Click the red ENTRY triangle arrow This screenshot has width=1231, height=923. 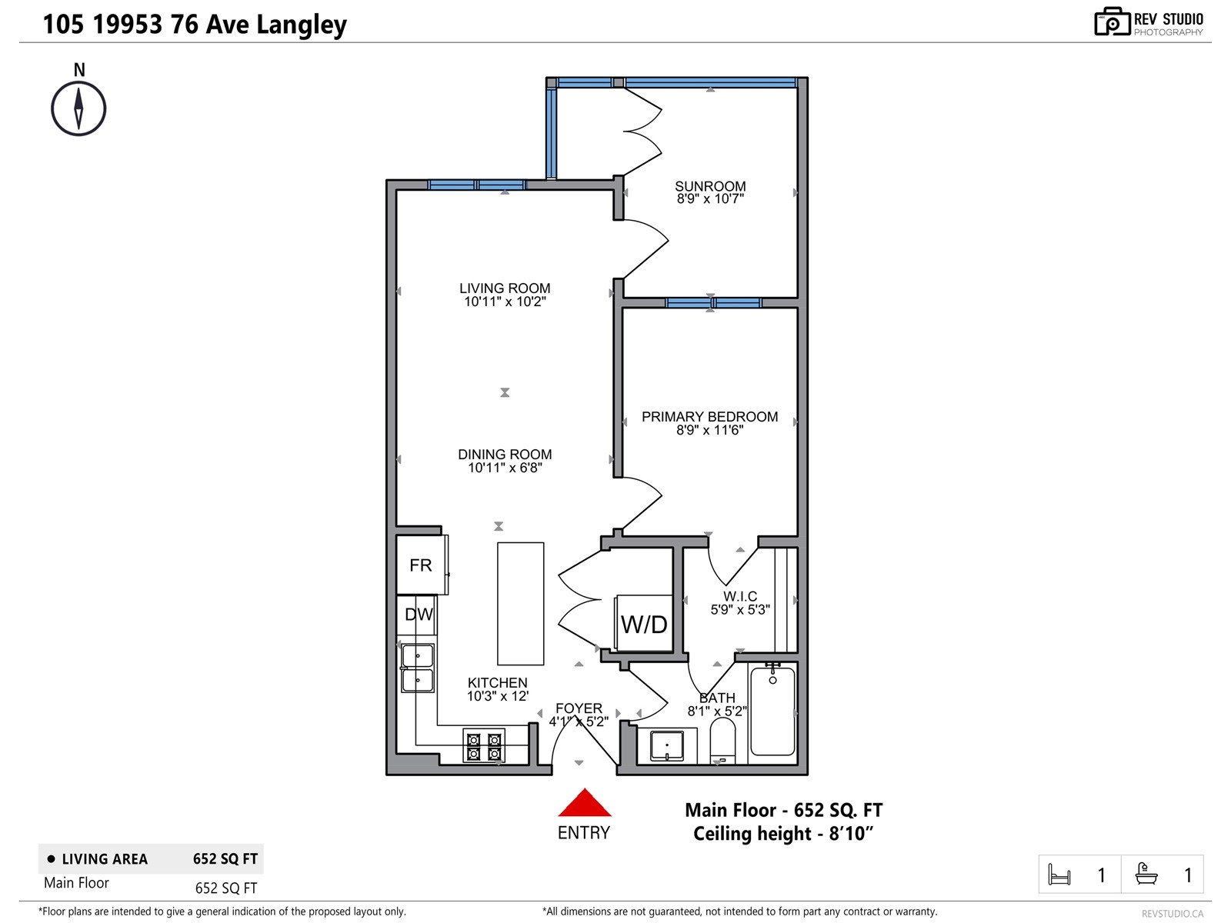click(x=585, y=803)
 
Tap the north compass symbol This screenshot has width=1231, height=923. click(x=78, y=108)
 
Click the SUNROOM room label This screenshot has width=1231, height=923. click(x=710, y=186)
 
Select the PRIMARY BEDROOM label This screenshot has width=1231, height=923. click(x=709, y=417)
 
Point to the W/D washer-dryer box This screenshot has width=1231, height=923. click(x=644, y=624)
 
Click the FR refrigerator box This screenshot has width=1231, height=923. click(x=421, y=565)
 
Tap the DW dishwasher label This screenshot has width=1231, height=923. click(x=419, y=615)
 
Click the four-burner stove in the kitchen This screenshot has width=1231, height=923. click(x=484, y=746)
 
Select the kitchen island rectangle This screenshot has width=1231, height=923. click(x=521, y=604)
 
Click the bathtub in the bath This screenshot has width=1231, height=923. click(x=772, y=711)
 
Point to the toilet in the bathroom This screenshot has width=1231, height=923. click(x=722, y=739)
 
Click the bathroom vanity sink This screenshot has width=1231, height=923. click(x=666, y=745)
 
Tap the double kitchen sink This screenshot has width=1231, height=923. click(x=418, y=668)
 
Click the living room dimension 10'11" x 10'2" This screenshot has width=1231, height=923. click(x=505, y=302)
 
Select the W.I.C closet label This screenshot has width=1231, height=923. click(x=740, y=596)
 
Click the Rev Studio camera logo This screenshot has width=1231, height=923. click(x=1112, y=22)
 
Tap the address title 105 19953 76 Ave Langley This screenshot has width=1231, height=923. click(x=195, y=25)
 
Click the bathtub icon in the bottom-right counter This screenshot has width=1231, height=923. click(x=1146, y=875)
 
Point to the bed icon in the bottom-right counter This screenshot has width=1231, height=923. click(x=1059, y=875)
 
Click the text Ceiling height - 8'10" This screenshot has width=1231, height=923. click(x=783, y=834)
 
